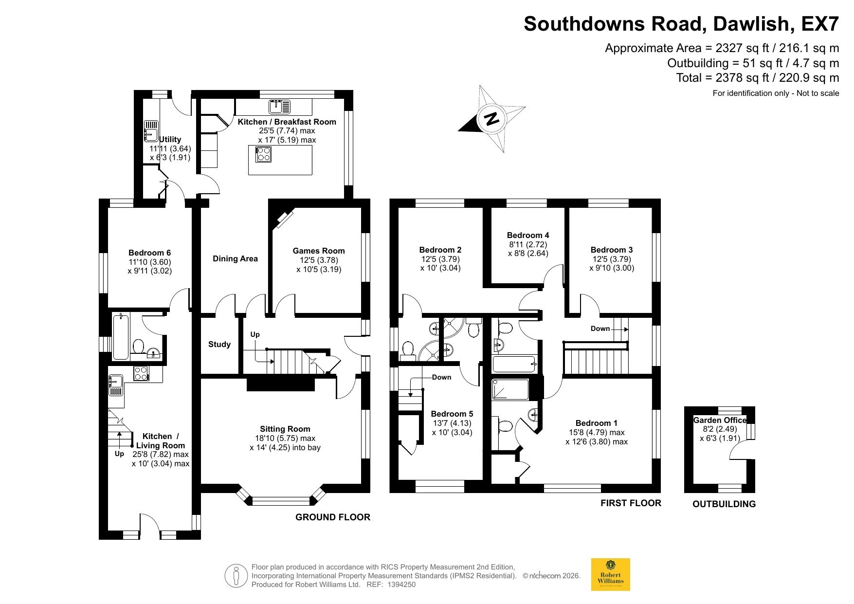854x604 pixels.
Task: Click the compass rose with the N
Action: (x=492, y=119)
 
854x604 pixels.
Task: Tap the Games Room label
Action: (x=318, y=251)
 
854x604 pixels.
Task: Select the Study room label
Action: (x=219, y=344)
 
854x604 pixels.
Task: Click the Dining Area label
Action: (x=235, y=258)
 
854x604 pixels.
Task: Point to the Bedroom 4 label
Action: (x=527, y=235)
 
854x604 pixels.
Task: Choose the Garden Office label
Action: (x=719, y=420)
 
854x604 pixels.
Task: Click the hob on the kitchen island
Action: (x=263, y=154)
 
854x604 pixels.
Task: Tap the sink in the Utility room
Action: (x=151, y=130)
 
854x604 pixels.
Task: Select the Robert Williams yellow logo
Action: (x=610, y=574)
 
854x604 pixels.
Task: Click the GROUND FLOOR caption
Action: (x=333, y=517)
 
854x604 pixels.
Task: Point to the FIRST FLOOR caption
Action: (x=631, y=503)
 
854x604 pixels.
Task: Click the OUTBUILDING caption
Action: (x=724, y=504)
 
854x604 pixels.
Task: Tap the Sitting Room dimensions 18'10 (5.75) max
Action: (x=284, y=438)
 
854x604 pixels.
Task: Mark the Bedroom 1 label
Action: (x=596, y=423)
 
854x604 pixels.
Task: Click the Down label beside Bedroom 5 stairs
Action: (x=441, y=377)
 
